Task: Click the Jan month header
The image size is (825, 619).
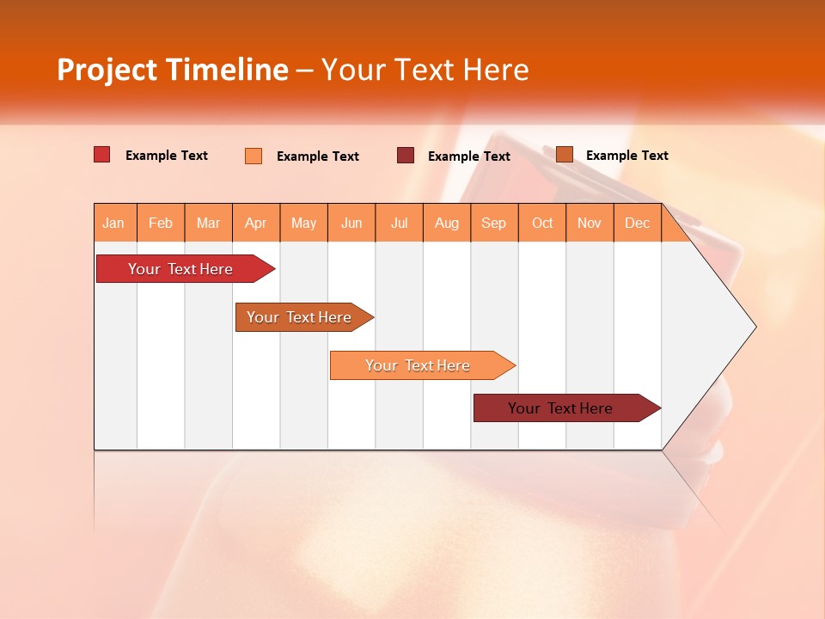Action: [113, 223]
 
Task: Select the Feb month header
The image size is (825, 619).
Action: [161, 223]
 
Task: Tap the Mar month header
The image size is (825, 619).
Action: [208, 223]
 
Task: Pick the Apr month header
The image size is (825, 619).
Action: [255, 223]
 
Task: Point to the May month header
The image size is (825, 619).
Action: [303, 223]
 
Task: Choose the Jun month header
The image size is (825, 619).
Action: [351, 223]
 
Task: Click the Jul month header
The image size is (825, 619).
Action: [399, 223]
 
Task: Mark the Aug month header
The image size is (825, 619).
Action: [447, 223]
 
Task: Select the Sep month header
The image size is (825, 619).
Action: [494, 223]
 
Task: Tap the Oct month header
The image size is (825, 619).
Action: [542, 223]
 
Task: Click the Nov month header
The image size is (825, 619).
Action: [590, 223]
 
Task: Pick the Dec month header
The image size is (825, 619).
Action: [638, 223]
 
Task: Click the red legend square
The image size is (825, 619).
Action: [102, 155]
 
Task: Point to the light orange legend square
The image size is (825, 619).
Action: [254, 156]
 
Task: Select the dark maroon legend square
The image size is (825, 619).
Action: [406, 155]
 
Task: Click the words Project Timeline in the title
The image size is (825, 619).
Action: [173, 70]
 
